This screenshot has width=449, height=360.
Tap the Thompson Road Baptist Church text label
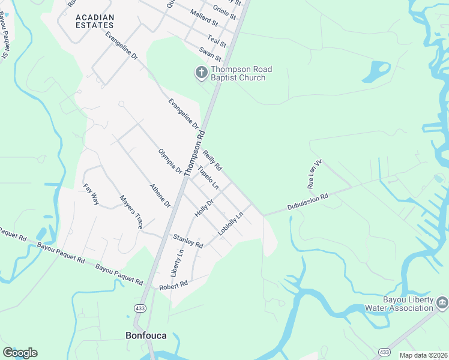[241, 74]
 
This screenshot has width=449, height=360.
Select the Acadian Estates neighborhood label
[95, 21]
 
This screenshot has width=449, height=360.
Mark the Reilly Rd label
[212, 160]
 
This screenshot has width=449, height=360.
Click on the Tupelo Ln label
[208, 179]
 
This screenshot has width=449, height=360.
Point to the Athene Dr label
[160, 196]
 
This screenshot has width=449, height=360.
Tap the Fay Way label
[91, 195]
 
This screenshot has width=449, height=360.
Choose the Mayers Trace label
[131, 212]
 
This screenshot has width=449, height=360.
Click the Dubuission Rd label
[307, 200]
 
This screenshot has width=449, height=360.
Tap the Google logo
[20, 352]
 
